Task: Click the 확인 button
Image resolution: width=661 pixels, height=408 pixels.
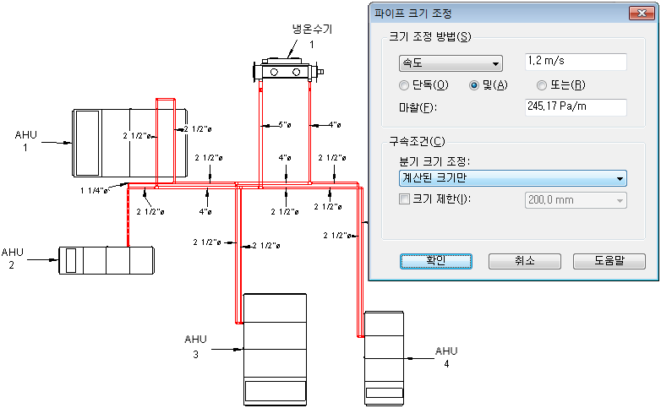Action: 435,261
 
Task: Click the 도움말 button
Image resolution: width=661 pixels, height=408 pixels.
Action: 603,261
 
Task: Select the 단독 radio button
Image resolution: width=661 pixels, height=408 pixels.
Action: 403,85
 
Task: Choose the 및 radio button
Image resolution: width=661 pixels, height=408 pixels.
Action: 474,85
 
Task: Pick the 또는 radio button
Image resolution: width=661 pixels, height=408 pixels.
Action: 541,85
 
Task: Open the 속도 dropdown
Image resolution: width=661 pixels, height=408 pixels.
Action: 450,63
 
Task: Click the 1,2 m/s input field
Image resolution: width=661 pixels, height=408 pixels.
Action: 575,62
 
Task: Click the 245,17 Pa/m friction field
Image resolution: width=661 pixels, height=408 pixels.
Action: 575,106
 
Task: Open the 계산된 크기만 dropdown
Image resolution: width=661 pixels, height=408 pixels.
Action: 512,178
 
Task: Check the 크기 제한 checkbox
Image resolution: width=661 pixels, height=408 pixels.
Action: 403,199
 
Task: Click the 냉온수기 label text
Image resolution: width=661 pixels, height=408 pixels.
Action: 312,30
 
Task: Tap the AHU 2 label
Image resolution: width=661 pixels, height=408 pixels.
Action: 13,258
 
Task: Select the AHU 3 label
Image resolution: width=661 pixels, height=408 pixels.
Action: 195,346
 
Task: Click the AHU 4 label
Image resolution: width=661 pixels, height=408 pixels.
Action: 445,356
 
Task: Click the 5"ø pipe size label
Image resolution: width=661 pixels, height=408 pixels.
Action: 285,126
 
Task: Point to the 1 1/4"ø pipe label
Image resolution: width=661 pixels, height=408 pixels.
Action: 95,191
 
